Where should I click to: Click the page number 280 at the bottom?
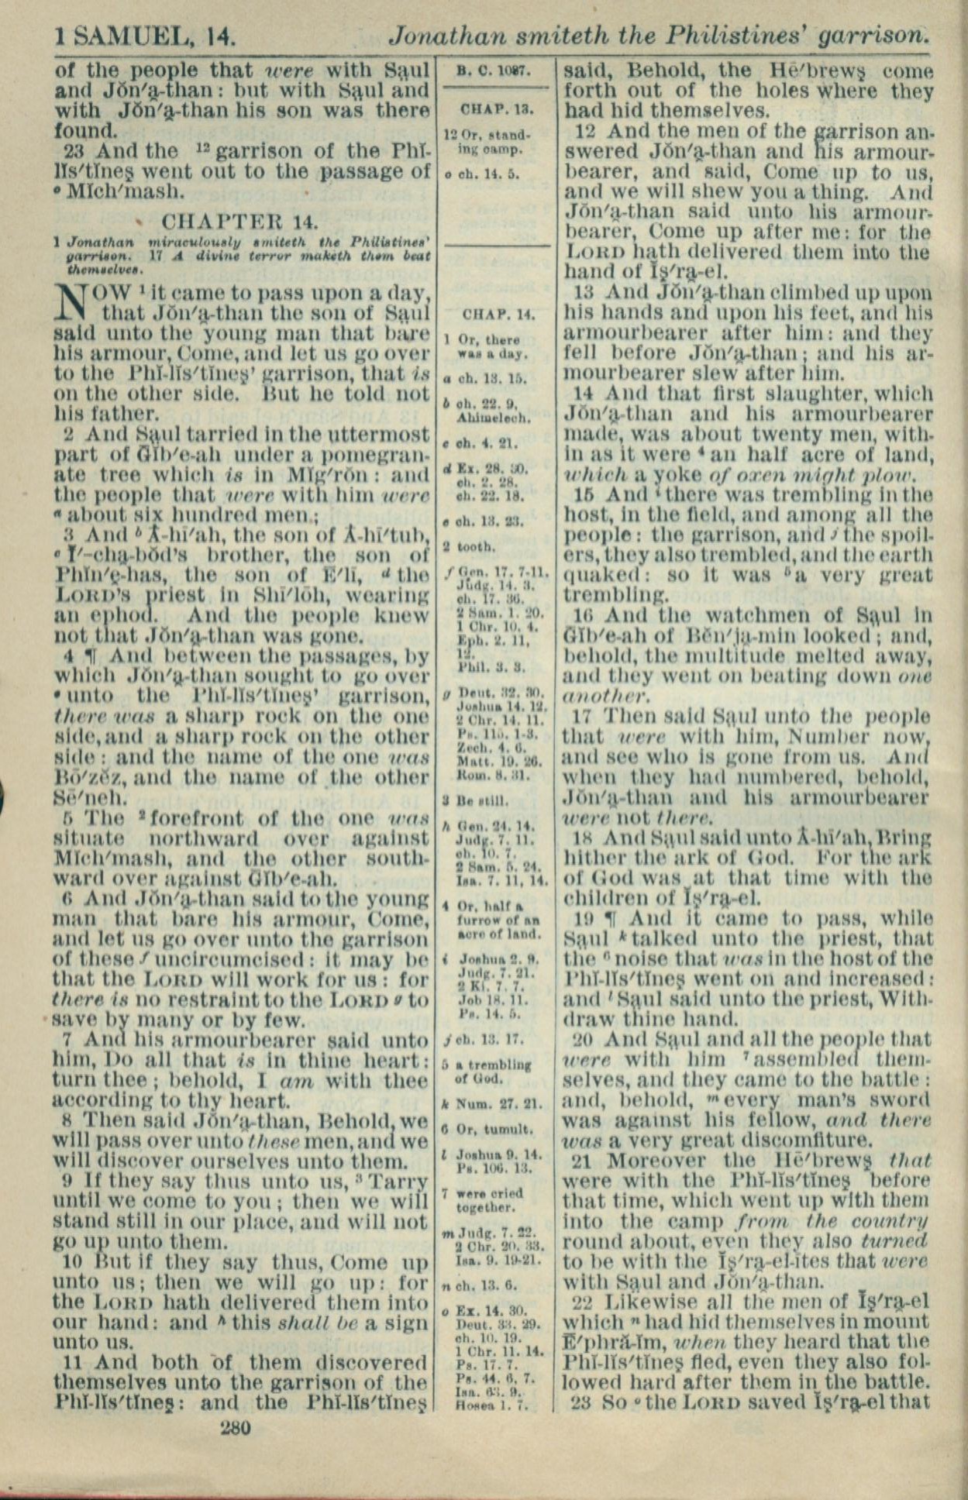click(x=236, y=1427)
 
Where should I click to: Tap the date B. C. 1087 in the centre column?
click(x=493, y=71)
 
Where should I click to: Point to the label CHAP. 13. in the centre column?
click(x=494, y=108)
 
